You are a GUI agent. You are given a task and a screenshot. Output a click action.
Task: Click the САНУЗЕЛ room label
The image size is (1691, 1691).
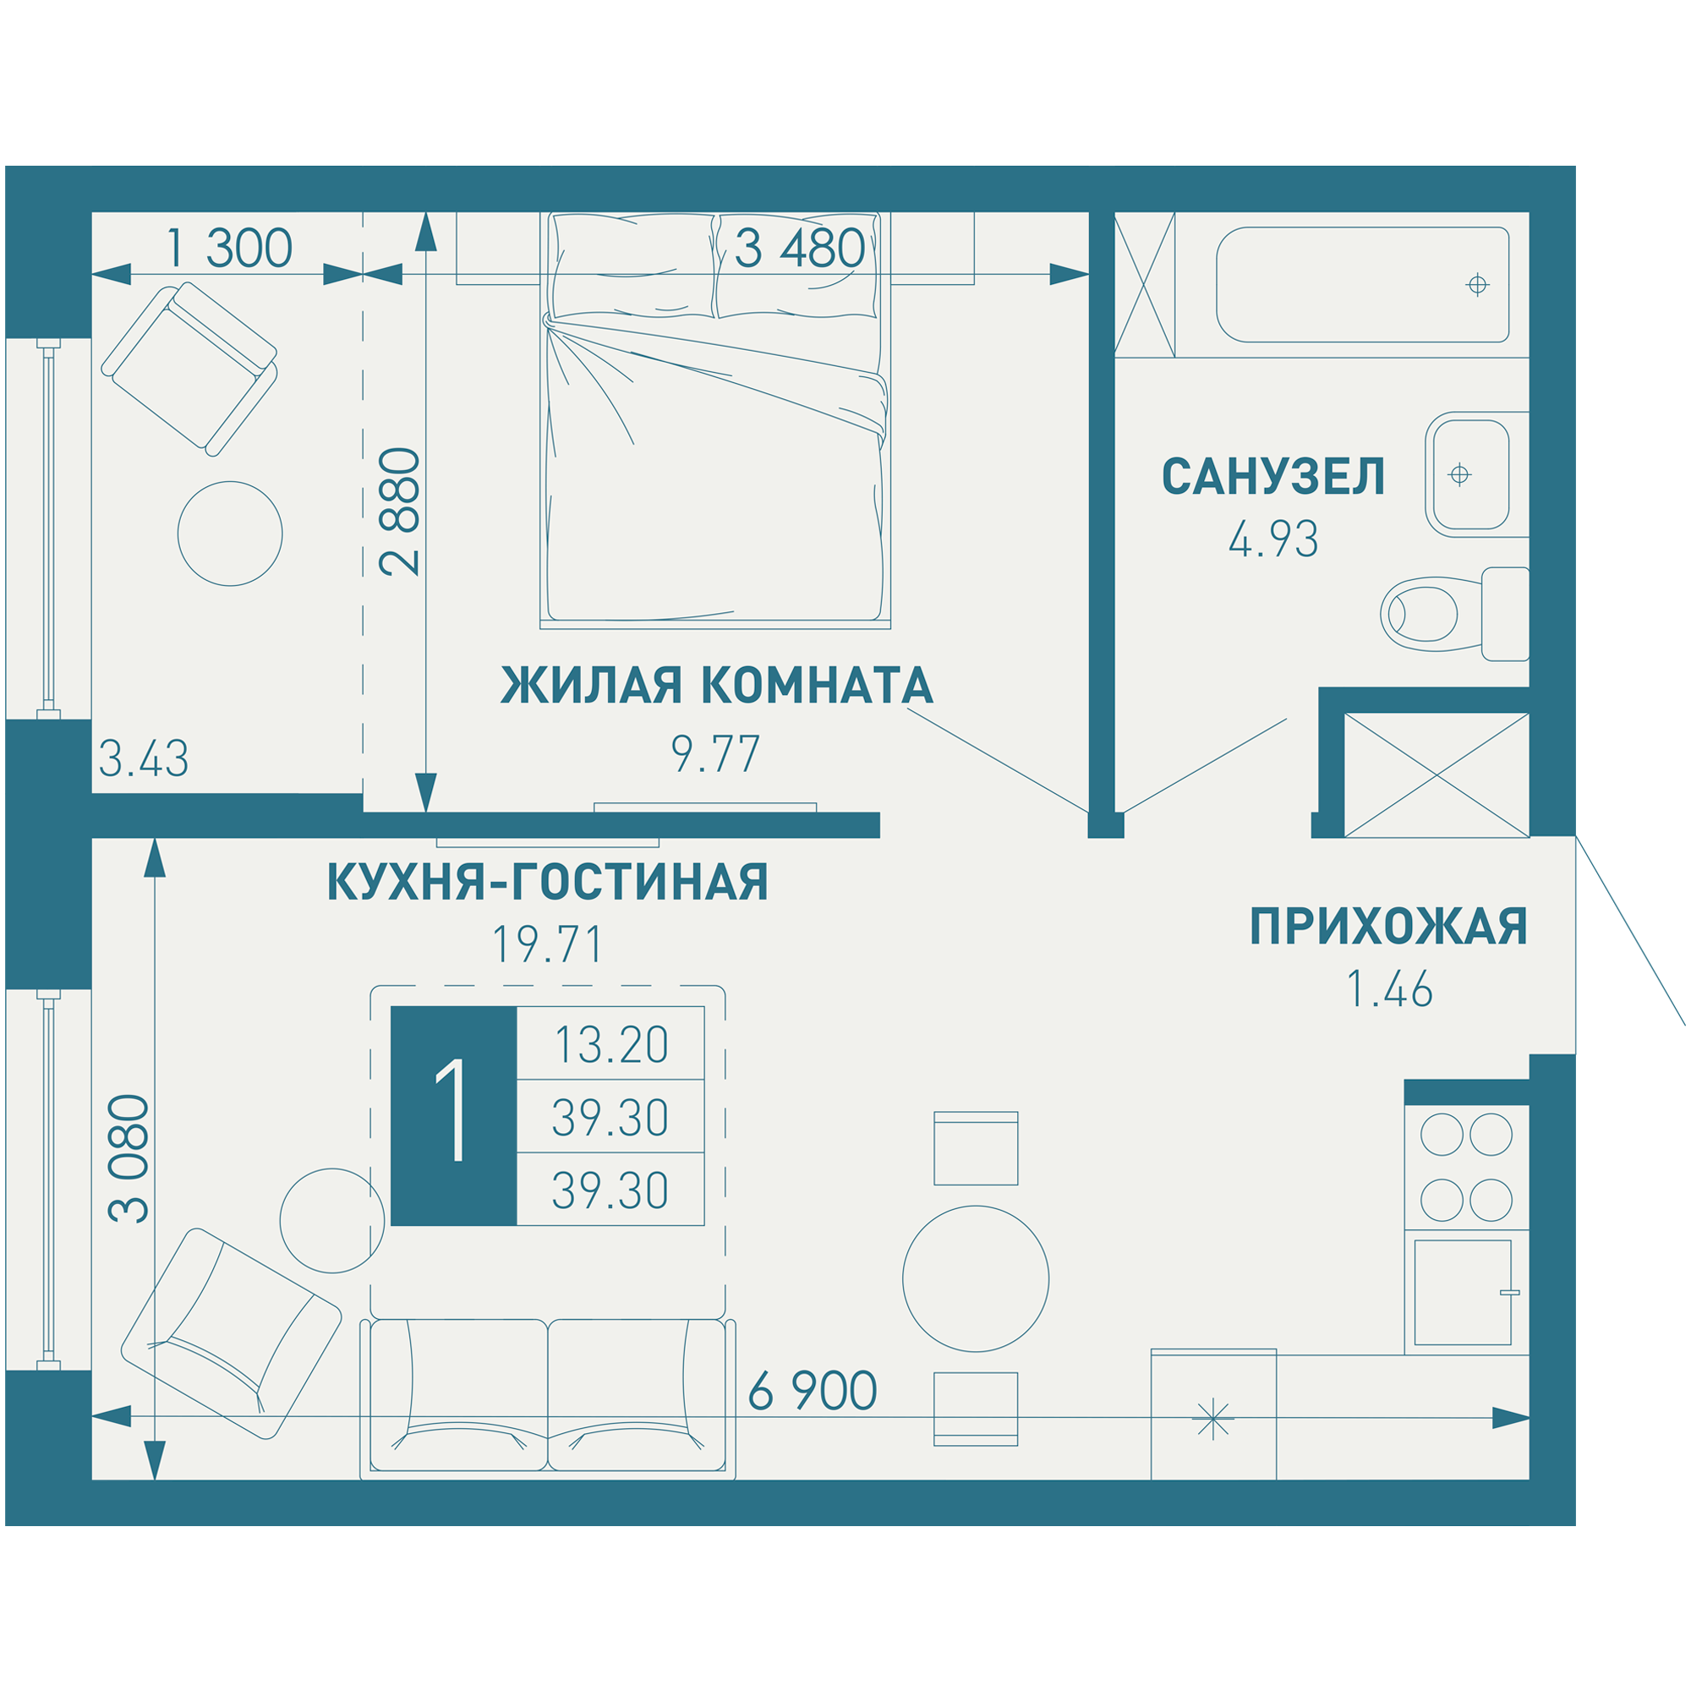(1272, 477)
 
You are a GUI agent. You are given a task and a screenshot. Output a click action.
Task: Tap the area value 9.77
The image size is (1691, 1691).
(715, 754)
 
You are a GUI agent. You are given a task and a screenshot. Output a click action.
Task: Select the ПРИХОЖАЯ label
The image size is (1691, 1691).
(1388, 927)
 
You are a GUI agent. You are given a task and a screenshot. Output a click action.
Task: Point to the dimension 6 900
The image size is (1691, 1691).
(813, 1391)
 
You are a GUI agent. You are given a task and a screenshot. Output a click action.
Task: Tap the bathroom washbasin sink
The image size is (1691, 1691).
(1470, 474)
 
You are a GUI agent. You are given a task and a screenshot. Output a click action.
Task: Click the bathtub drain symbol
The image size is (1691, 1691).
(1477, 284)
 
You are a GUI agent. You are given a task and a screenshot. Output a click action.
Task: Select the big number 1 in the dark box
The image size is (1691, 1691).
(453, 1116)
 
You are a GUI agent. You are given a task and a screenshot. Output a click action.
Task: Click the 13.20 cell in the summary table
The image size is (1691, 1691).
(611, 1044)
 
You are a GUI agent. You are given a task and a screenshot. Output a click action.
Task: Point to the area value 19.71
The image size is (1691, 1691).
(548, 945)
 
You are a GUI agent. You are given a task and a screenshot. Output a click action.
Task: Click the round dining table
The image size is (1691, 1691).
(975, 1278)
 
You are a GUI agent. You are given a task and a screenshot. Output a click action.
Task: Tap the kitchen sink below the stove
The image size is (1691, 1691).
(1463, 1292)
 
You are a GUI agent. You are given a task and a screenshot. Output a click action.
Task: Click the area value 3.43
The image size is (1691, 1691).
(144, 759)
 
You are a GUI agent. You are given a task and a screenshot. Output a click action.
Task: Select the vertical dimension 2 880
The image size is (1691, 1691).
(400, 512)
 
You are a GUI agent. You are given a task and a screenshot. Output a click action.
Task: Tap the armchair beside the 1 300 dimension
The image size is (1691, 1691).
(190, 369)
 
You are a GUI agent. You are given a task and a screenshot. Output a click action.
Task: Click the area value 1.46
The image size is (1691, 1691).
(1389, 990)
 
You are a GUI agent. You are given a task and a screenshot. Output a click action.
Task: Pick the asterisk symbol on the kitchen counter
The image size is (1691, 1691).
(1212, 1419)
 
